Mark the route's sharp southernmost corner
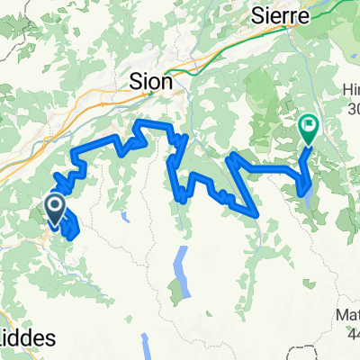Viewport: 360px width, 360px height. coord(259,214)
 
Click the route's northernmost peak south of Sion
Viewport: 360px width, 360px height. coord(141,121)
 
